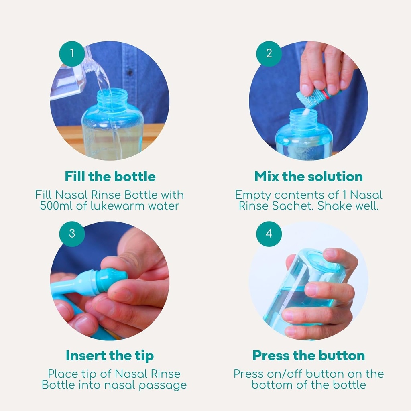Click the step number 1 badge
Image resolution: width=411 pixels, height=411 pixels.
tap(72, 54)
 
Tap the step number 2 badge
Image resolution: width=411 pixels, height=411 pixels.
tap(269, 54)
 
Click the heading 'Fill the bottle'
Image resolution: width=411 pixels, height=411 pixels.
tap(110, 177)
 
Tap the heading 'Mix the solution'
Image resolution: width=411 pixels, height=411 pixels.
tap(309, 177)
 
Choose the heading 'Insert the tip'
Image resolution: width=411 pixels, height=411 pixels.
tap(110, 356)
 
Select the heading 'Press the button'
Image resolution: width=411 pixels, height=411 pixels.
tap(309, 356)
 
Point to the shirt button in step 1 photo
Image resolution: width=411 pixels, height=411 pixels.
tap(130, 71)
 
